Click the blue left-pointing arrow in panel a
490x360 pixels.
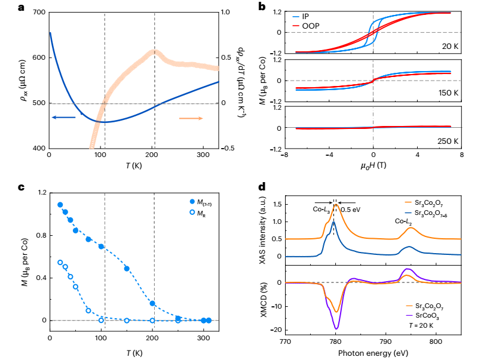(63, 118)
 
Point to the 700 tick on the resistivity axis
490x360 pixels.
(36, 13)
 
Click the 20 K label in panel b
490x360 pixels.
(446, 45)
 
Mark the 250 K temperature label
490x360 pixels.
(445, 141)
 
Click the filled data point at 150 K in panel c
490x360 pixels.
(127, 269)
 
